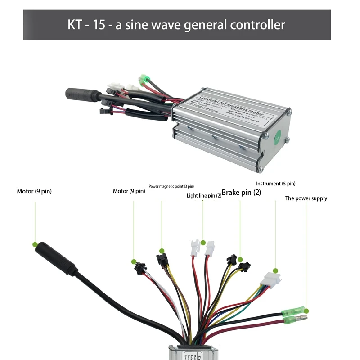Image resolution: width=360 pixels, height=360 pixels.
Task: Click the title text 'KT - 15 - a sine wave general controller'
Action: (177, 24)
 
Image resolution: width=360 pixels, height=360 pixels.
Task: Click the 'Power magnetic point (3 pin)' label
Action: (171, 186)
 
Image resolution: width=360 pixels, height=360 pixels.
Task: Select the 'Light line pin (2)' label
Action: (204, 196)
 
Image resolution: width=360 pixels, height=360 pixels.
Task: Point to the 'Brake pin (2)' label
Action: (242, 192)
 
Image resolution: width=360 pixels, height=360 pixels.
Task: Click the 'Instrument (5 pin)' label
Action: (275, 184)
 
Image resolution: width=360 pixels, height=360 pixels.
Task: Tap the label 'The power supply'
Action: (306, 198)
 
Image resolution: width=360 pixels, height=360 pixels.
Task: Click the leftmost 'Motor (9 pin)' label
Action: (34, 191)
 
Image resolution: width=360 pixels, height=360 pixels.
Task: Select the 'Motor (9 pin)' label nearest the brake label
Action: (129, 191)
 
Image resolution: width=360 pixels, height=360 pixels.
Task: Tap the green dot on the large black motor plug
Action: (35, 244)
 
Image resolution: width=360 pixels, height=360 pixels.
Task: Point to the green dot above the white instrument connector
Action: (275, 271)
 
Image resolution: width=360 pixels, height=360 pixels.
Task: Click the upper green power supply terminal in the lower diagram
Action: (292, 311)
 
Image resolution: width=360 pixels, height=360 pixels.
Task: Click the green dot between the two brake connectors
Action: (240, 260)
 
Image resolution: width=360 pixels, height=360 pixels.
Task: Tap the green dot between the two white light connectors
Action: (203, 243)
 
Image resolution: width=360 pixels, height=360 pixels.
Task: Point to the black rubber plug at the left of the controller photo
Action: (79, 94)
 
